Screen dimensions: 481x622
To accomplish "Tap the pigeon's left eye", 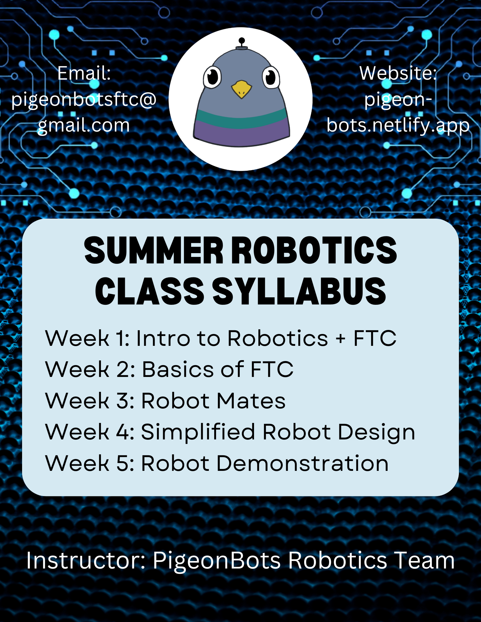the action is pos(213,77).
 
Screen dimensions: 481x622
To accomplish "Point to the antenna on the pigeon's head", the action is pos(242,44).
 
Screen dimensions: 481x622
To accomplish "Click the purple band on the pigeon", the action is pos(241,134).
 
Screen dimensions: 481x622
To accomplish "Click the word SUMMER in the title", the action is pos(154,250).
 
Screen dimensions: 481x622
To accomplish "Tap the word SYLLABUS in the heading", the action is pos(299,291).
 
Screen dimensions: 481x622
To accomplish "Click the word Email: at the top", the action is pos(84,73).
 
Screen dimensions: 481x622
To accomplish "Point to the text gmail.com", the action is pos(83,125).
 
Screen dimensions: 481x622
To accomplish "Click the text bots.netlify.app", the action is pos(398,125).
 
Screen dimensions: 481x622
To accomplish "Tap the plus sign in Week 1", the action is pos(341,339).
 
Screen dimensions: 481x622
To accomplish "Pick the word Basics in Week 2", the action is pos(178,369).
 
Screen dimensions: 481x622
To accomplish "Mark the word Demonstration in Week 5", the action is pos(302,463).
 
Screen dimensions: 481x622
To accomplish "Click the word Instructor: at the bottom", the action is pos(86,560).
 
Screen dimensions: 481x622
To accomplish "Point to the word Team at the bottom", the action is pos(425,560).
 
